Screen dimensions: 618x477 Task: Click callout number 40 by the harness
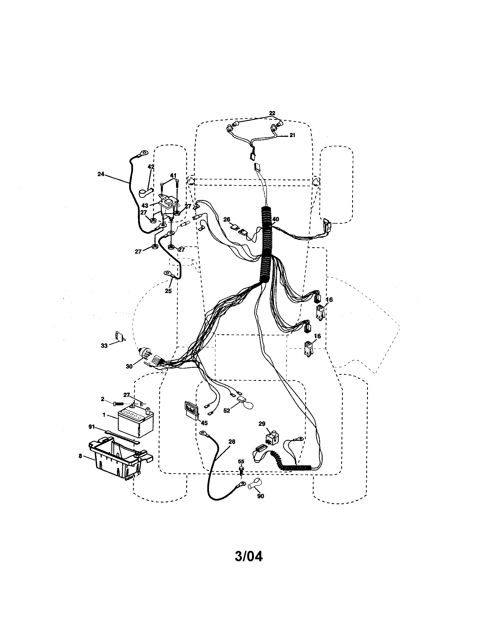click(x=276, y=219)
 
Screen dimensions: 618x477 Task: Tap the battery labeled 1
click(x=136, y=422)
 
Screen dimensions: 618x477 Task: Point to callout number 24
click(x=101, y=174)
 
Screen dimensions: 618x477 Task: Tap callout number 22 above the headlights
click(x=272, y=113)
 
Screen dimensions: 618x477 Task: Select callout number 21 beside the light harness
click(x=292, y=135)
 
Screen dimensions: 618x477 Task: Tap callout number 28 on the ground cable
click(x=232, y=441)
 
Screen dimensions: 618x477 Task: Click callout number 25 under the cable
click(x=168, y=291)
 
